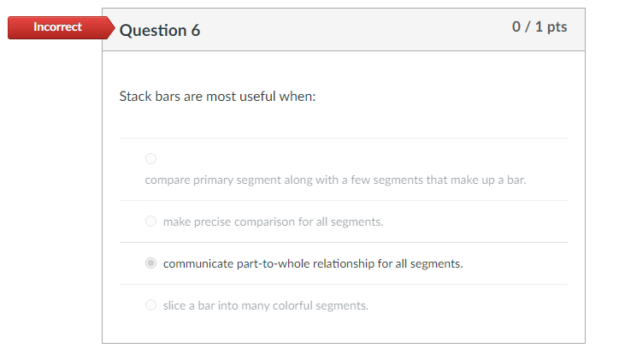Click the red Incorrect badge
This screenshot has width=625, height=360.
click(57, 27)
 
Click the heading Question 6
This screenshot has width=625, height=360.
click(160, 30)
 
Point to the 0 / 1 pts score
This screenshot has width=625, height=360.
click(539, 27)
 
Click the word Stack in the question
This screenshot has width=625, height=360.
click(135, 96)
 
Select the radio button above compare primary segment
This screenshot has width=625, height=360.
click(151, 158)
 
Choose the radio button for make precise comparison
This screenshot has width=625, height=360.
click(151, 221)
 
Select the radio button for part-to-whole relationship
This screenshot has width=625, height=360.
click(151, 263)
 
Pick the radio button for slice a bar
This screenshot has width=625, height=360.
click(151, 305)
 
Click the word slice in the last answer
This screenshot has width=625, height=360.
click(175, 305)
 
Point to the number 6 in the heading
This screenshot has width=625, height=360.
click(195, 30)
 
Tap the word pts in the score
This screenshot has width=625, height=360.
click(556, 27)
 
